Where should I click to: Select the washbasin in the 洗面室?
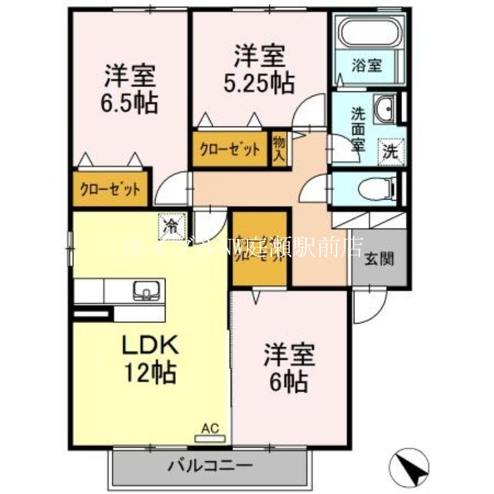tap(387, 109)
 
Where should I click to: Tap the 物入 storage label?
tap(278, 148)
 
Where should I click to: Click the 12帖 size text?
tap(150, 374)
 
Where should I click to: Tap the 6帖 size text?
tap(290, 383)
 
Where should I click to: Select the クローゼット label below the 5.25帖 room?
tap(229, 149)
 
